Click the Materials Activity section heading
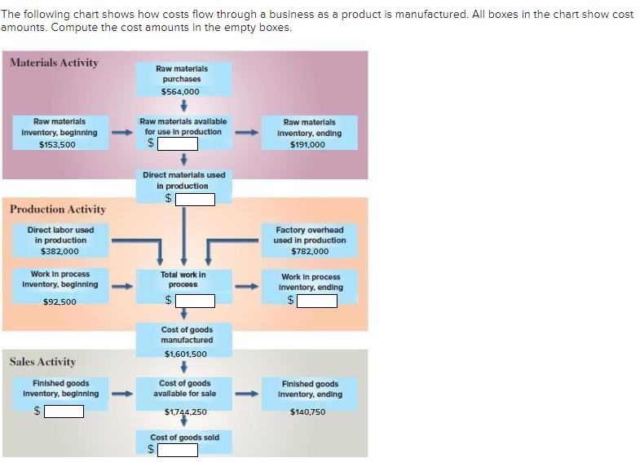54,63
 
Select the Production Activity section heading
57,209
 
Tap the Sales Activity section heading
42,362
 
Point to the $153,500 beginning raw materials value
57,144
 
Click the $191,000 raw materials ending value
307,144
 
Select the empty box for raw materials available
178,143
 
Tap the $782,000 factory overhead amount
310,252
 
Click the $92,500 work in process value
60,301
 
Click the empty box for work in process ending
316,301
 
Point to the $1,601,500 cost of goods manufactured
185,354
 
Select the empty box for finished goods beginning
64,411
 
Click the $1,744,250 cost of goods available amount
185,412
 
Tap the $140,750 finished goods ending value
307,412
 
